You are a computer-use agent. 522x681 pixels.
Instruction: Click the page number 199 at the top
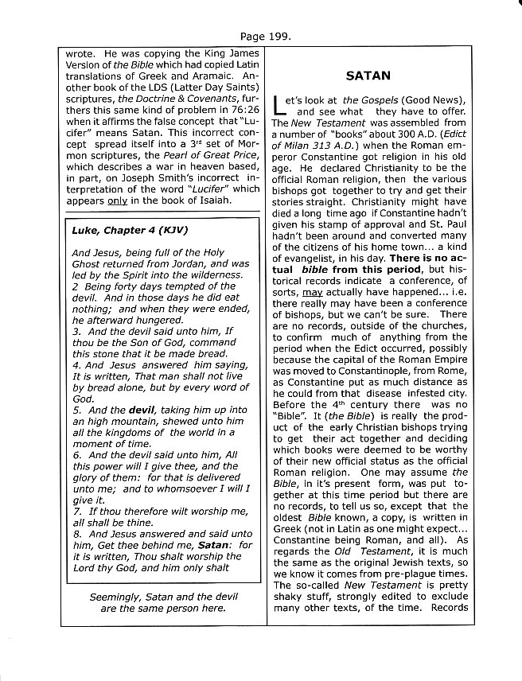tap(269, 36)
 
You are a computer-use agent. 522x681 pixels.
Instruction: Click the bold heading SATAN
tap(368, 76)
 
